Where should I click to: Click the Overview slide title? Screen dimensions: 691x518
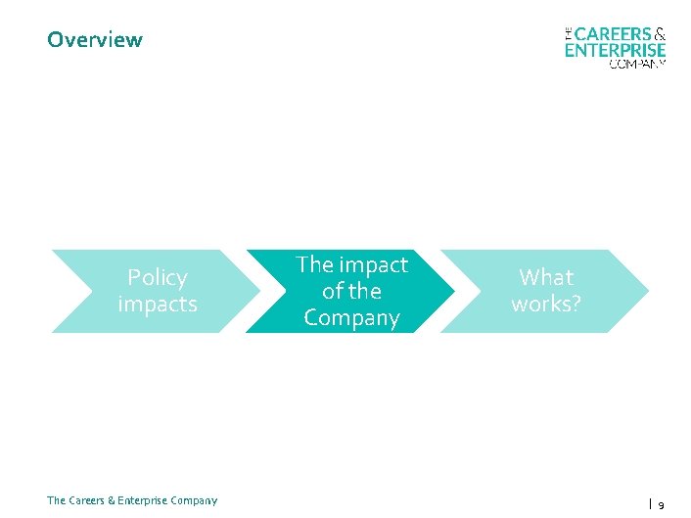point(94,40)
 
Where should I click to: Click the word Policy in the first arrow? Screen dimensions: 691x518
point(157,277)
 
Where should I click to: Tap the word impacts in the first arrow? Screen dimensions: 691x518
point(157,305)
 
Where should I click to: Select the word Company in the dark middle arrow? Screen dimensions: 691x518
point(351,318)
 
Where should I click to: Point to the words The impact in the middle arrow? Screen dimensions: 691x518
point(351,264)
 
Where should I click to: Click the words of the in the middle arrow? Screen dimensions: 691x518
point(351,291)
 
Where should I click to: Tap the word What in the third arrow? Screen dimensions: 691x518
point(546,277)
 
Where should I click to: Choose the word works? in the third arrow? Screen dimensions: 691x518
point(546,305)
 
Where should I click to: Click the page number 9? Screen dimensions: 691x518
point(662,505)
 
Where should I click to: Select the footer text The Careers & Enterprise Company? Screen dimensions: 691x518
point(132,500)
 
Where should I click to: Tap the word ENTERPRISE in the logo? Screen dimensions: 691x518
point(615,50)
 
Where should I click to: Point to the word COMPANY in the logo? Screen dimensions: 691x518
point(637,64)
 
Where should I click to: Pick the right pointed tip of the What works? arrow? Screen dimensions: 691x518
point(648,291)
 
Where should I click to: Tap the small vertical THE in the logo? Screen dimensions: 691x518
point(569,34)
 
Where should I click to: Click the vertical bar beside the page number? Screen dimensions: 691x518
point(650,504)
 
